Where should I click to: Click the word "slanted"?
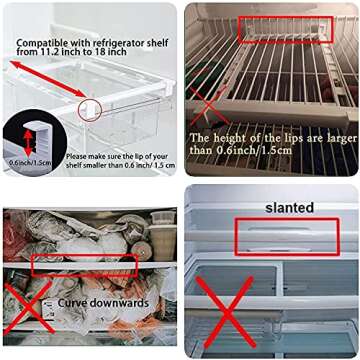289,207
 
